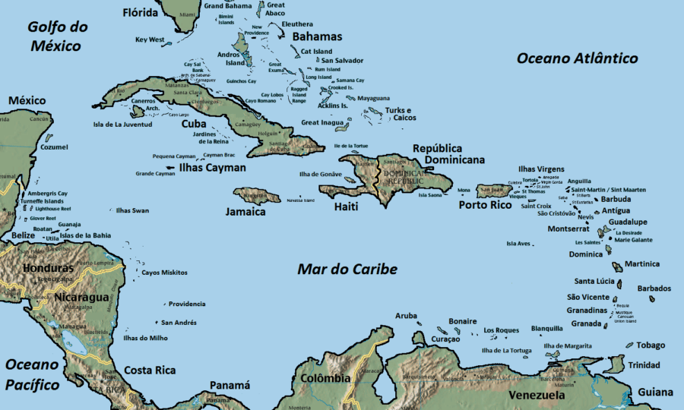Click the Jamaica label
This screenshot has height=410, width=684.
pyautogui.click(x=245, y=212)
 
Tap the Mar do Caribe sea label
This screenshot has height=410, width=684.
pyautogui.click(x=347, y=270)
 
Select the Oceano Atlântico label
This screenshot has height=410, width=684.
pyautogui.click(x=577, y=58)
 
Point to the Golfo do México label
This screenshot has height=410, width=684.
pyautogui.click(x=56, y=36)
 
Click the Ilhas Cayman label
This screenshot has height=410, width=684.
pyautogui.click(x=212, y=168)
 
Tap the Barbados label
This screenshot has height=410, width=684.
pyautogui.click(x=654, y=289)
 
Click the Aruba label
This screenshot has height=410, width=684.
pyautogui.click(x=407, y=315)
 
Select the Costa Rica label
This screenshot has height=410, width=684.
pyautogui.click(x=150, y=370)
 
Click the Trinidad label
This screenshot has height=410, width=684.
pyautogui.click(x=644, y=365)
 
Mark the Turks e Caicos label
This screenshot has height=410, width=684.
pyautogui.click(x=401, y=114)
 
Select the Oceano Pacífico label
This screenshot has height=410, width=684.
pyautogui.click(x=32, y=374)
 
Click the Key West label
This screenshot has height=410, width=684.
pyautogui.click(x=150, y=39)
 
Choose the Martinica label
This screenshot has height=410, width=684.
pyautogui.click(x=641, y=264)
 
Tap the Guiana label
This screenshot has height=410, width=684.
pyautogui.click(x=655, y=392)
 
